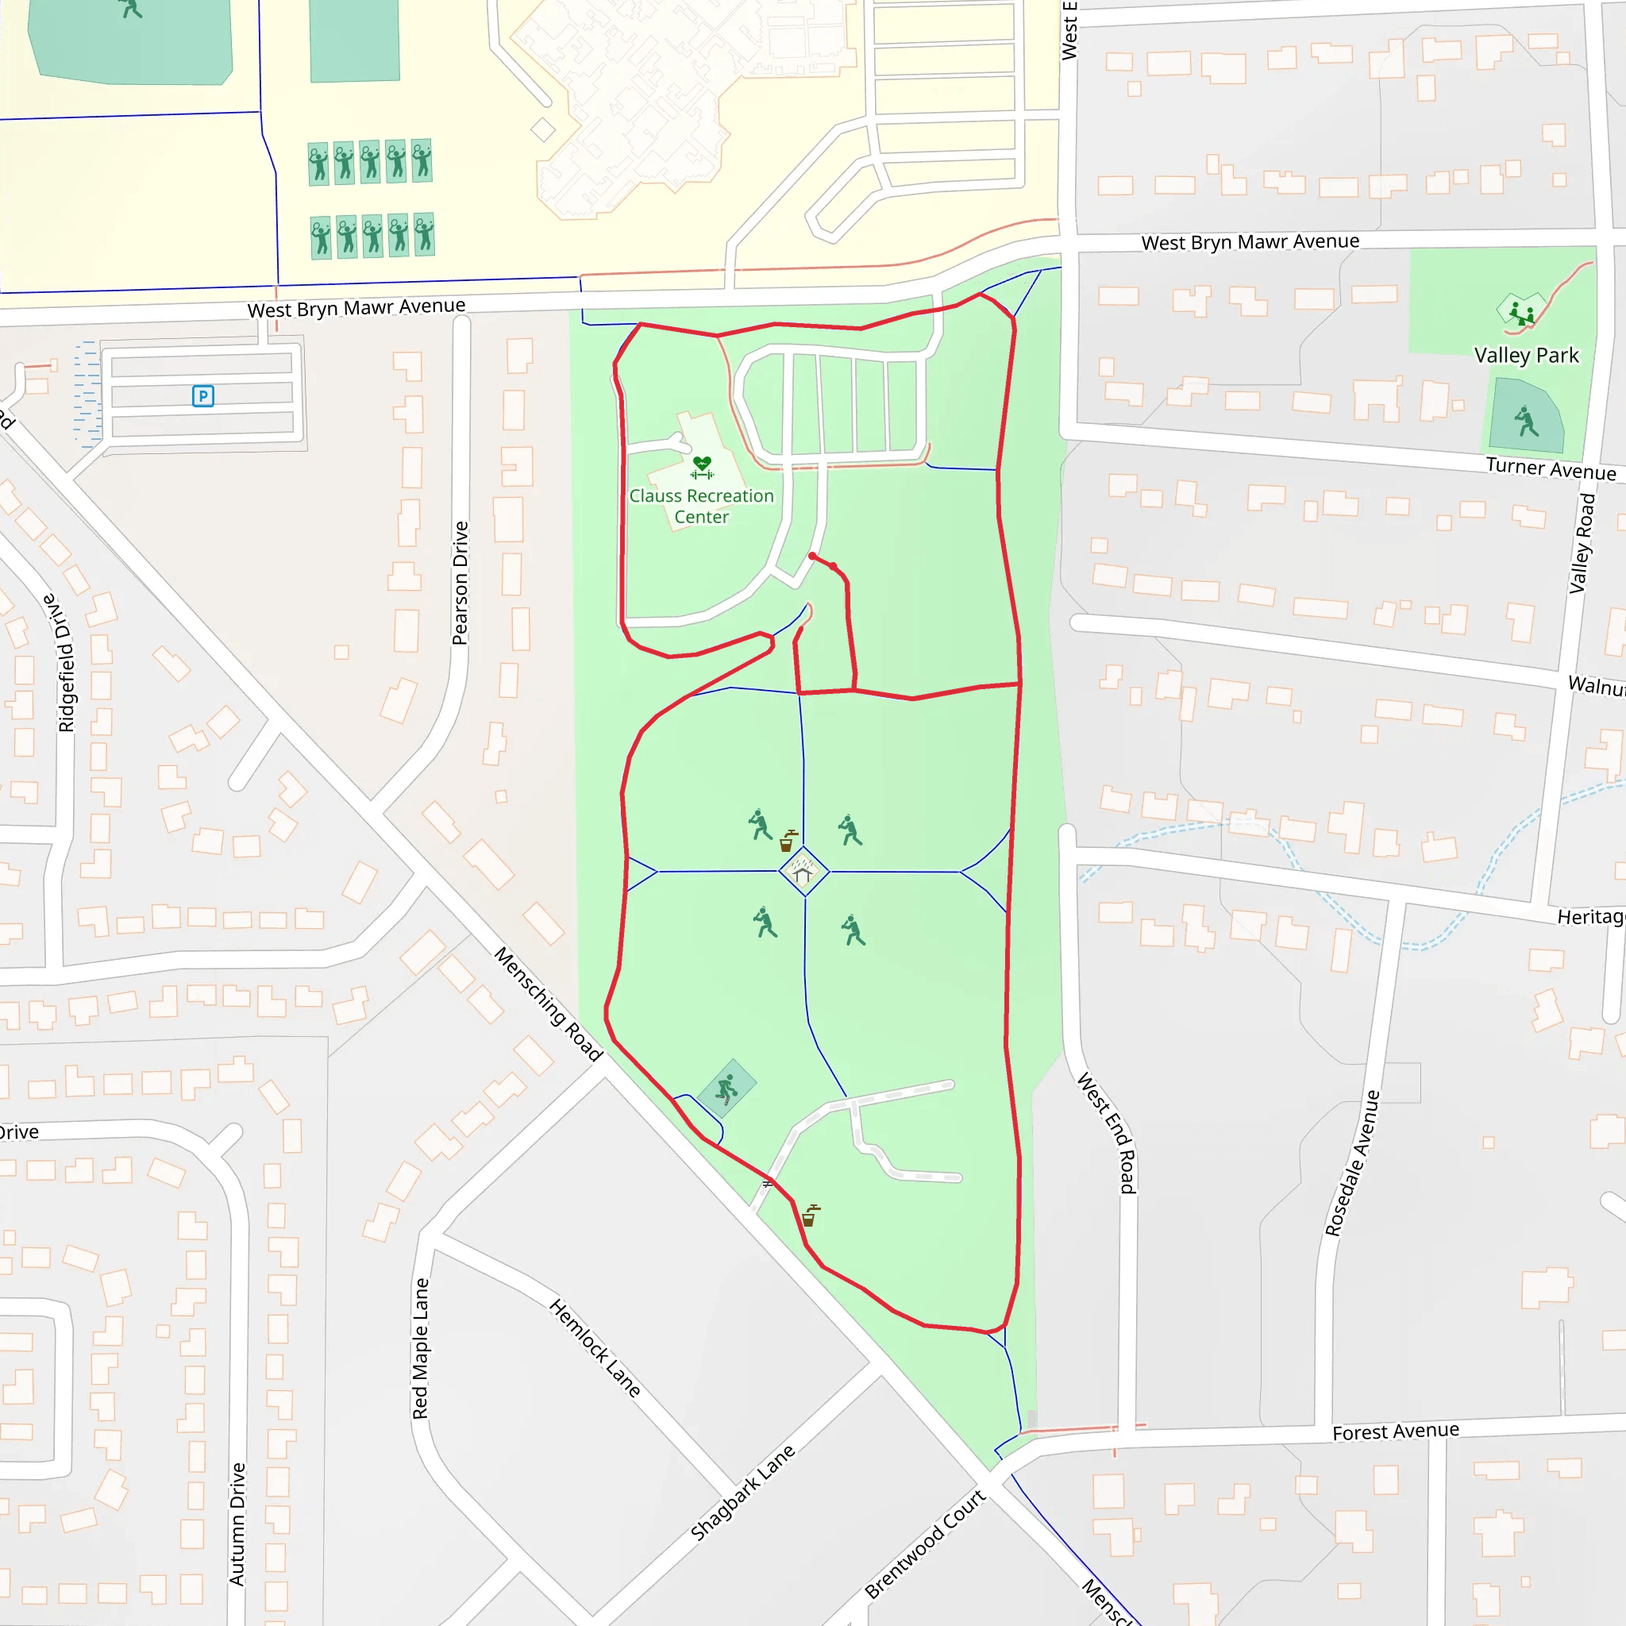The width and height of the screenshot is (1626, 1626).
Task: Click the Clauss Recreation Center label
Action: (701, 507)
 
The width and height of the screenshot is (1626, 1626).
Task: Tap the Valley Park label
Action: (1526, 355)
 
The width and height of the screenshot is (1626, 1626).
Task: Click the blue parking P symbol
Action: (202, 395)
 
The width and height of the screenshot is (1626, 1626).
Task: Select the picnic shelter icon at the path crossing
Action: (803, 871)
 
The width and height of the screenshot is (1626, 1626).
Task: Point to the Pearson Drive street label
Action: (460, 584)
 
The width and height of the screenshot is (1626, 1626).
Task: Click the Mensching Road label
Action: (548, 1004)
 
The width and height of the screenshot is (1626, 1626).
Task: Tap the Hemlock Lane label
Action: (595, 1347)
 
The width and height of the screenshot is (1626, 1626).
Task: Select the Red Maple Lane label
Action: (421, 1348)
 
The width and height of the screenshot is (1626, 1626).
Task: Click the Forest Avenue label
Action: (1396, 1431)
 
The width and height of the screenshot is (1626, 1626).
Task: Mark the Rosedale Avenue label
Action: (1352, 1162)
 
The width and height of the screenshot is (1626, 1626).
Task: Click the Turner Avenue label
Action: (1551, 468)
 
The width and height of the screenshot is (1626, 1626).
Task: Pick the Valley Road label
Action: (1582, 544)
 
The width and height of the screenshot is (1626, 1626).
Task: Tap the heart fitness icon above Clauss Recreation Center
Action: (702, 466)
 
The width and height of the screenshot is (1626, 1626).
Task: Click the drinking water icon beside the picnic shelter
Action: (788, 841)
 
